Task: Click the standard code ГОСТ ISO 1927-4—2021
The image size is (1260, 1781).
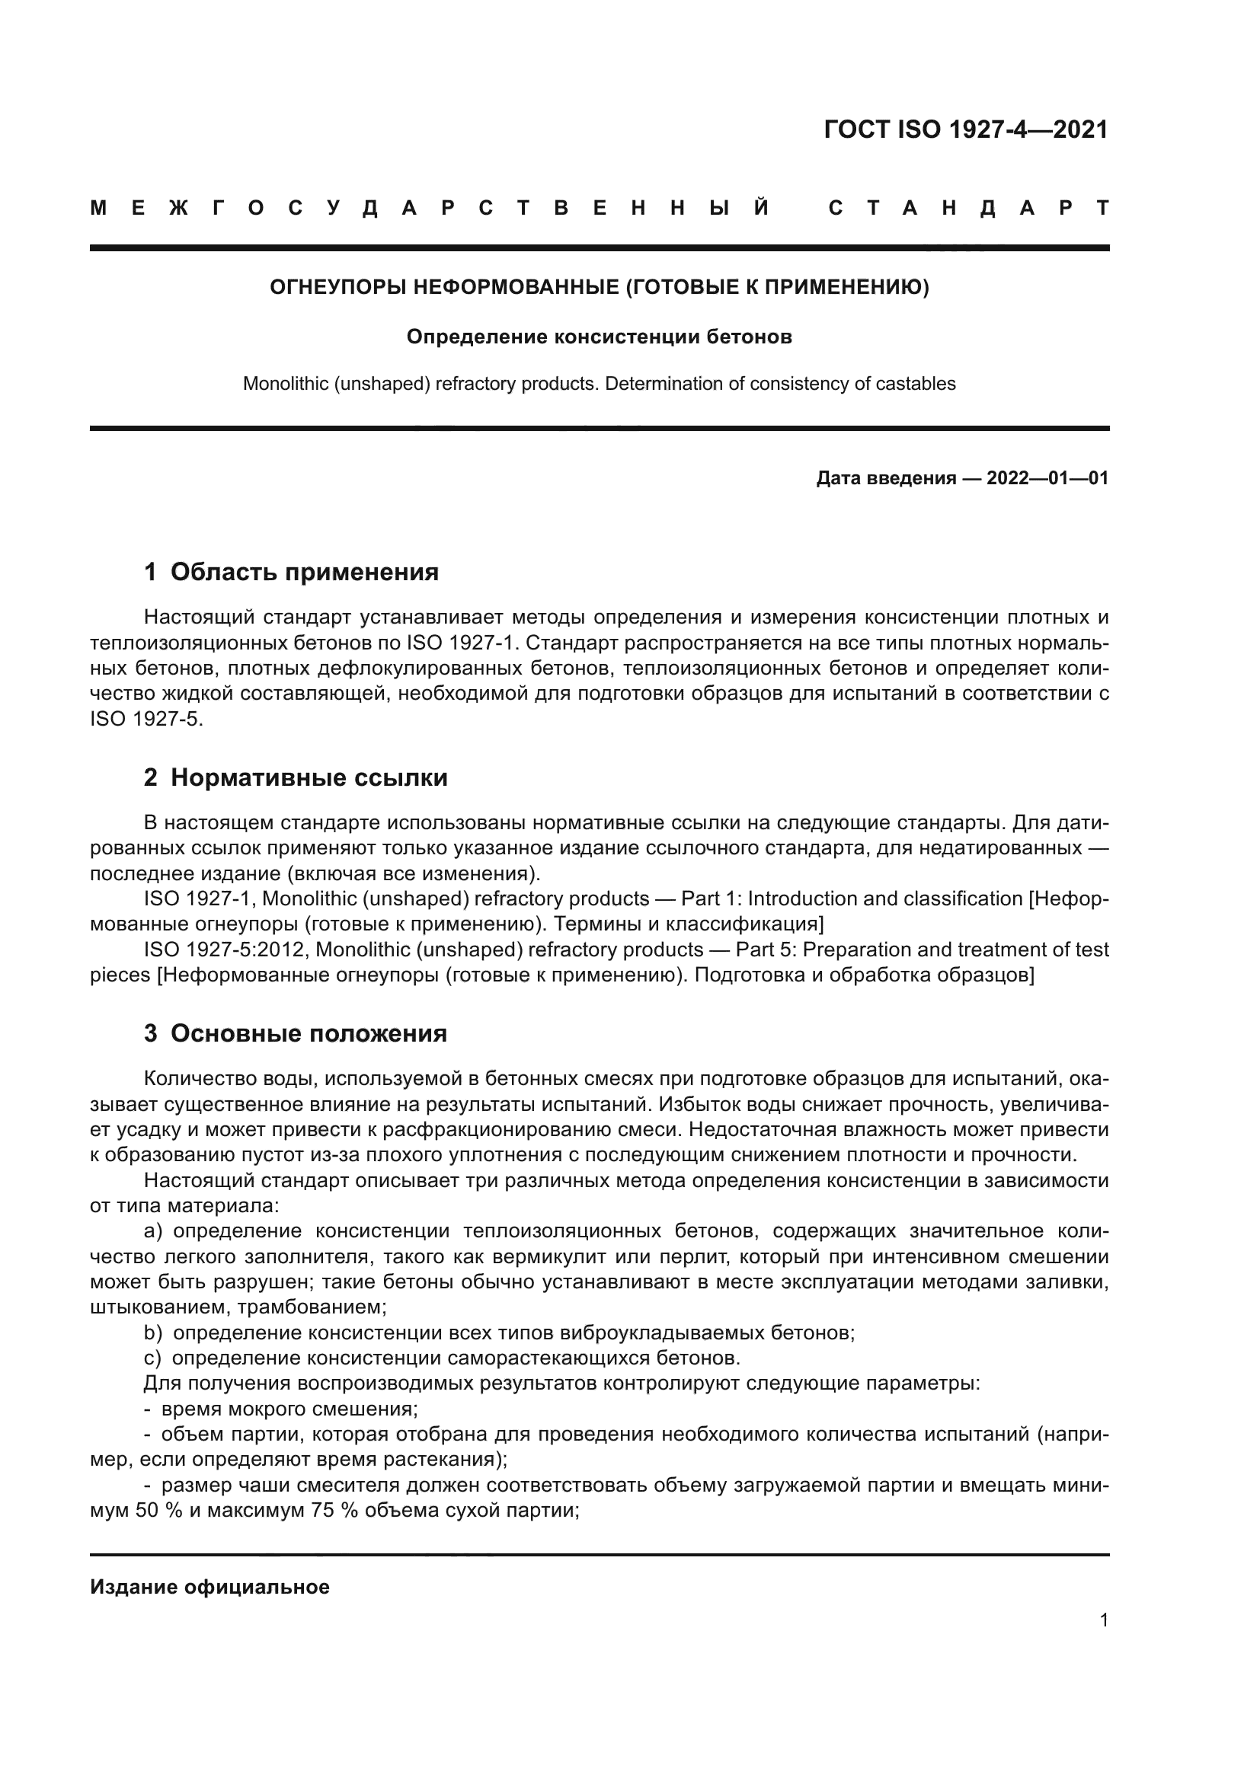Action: click(x=965, y=129)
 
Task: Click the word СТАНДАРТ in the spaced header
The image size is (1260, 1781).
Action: click(x=968, y=209)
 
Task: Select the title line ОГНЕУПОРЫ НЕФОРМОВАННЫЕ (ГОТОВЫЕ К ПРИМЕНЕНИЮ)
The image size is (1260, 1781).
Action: click(x=599, y=288)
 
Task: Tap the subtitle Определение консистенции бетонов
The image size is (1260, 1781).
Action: click(x=599, y=337)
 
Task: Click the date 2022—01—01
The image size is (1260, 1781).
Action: click(x=1047, y=479)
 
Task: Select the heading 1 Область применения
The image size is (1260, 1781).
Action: click(x=291, y=573)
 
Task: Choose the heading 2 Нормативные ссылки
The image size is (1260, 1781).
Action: click(x=296, y=778)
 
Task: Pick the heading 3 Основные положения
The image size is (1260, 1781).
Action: click(x=295, y=1034)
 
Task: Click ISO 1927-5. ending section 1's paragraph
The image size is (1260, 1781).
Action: click(x=146, y=719)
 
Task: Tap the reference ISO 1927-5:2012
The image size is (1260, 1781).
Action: click(x=226, y=950)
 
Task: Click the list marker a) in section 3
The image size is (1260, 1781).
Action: click(x=153, y=1232)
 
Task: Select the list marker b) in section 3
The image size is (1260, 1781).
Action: click(x=153, y=1333)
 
